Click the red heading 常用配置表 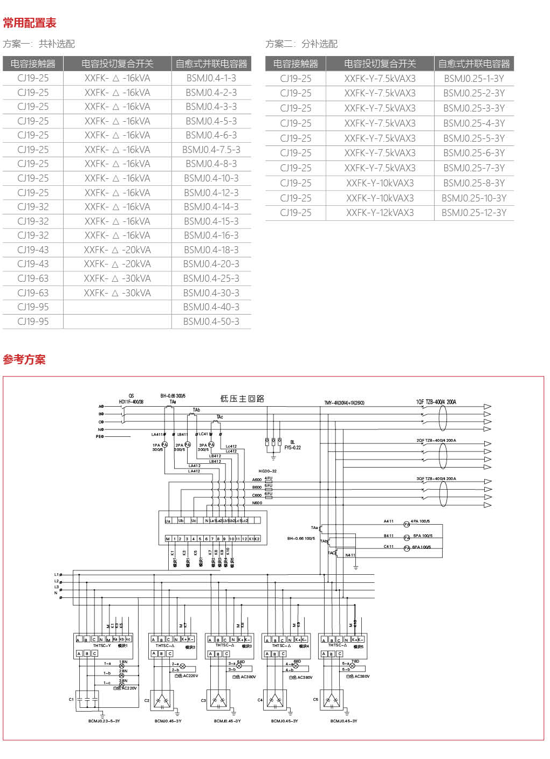[30, 23]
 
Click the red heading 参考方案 [24, 359]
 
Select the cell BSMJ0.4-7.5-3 [211, 150]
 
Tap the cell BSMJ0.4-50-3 [211, 322]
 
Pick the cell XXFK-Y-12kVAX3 [380, 213]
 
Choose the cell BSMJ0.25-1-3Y [473, 78]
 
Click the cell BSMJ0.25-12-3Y [473, 213]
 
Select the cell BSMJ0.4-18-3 [211, 250]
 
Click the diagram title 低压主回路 [242, 399]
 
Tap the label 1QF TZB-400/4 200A [436, 402]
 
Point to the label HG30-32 [267, 471]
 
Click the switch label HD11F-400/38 [131, 402]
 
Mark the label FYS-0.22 [293, 448]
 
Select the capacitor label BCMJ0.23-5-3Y [104, 721]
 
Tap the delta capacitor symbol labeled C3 [219, 700]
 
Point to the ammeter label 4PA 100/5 [420, 521]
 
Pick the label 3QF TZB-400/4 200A [436, 478]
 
